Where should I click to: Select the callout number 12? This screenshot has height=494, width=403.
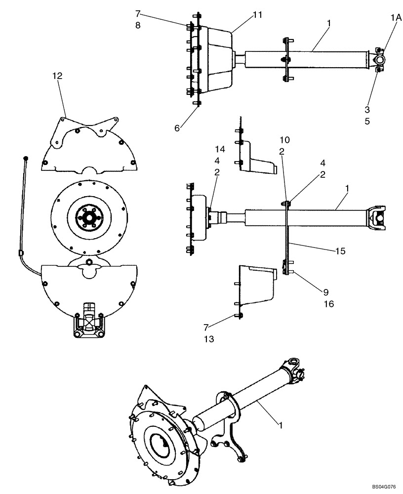(x=58, y=76)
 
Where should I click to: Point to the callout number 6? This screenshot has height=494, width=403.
(x=177, y=127)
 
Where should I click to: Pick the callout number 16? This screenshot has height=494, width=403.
(x=329, y=304)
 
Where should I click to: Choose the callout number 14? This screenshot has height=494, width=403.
(x=220, y=149)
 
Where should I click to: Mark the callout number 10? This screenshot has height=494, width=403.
(x=284, y=140)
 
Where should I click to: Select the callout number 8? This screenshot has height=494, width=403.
(x=138, y=26)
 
